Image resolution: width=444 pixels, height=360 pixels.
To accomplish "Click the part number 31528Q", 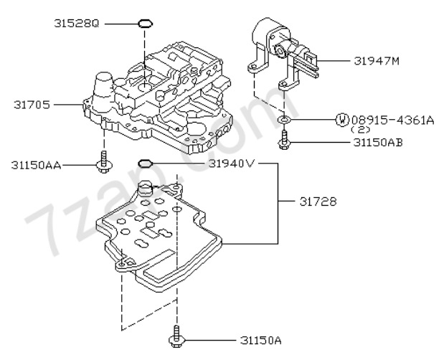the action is click(x=77, y=24).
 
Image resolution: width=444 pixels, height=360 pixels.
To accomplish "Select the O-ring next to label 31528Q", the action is click(x=146, y=24).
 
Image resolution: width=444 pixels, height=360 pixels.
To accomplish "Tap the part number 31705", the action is click(x=32, y=105).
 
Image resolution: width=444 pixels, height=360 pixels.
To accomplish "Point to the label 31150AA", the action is click(x=36, y=165).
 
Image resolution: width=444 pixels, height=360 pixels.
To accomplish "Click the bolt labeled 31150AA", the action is click(x=104, y=162).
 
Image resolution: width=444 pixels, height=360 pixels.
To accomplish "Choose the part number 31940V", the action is click(x=232, y=164).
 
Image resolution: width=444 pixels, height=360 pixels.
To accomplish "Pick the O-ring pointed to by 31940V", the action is click(x=146, y=164).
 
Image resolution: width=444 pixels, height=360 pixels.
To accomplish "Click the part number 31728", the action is click(x=318, y=202).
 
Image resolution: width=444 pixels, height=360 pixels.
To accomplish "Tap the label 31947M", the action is click(x=377, y=61).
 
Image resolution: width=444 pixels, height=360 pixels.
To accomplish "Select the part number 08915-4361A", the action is click(x=392, y=120).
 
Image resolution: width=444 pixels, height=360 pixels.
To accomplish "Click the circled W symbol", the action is click(x=342, y=120).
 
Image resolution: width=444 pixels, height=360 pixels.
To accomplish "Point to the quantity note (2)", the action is click(x=360, y=129).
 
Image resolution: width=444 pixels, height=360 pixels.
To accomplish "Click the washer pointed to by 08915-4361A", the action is click(x=284, y=120).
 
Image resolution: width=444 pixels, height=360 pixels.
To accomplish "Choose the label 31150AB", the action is click(x=378, y=143).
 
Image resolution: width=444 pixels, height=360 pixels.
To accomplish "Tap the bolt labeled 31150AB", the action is click(x=284, y=139).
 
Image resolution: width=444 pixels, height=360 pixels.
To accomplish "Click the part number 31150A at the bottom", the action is click(x=261, y=340).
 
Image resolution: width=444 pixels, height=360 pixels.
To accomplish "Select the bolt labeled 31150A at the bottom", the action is click(x=176, y=336).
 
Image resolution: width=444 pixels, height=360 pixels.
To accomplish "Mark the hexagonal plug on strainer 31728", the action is click(x=146, y=187).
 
